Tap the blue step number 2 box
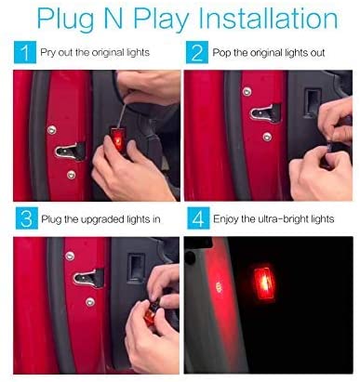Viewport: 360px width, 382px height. pyautogui.click(x=195, y=54)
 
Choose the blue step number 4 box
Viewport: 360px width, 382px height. pyautogui.click(x=195, y=221)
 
